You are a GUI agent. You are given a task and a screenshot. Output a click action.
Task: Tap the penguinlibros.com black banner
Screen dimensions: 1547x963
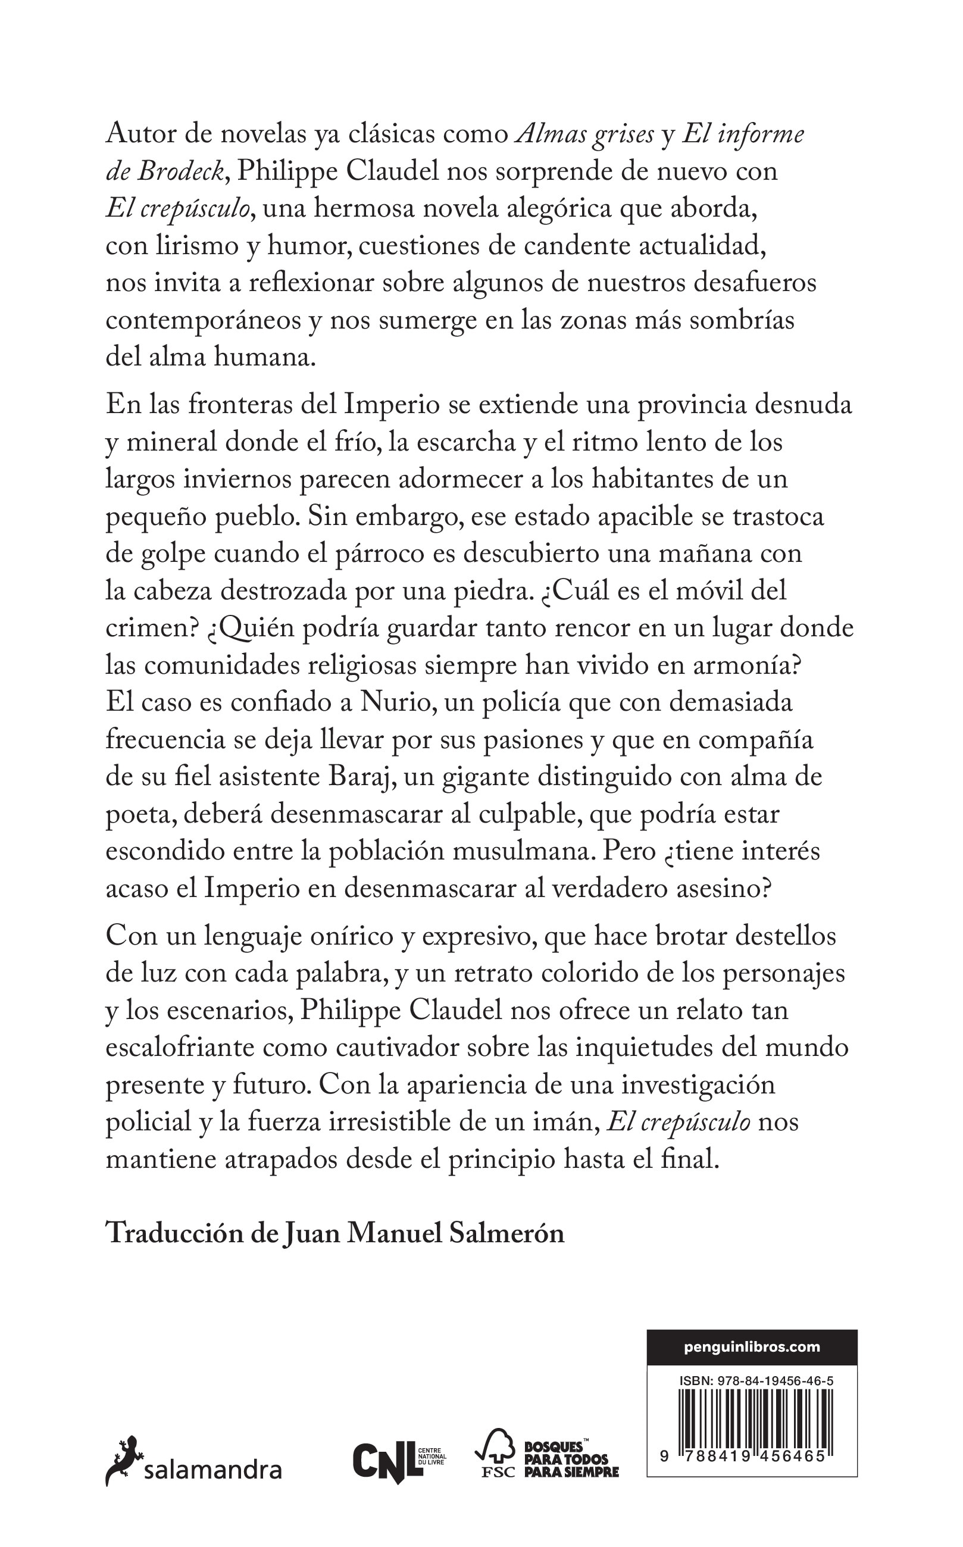click(x=752, y=1347)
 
